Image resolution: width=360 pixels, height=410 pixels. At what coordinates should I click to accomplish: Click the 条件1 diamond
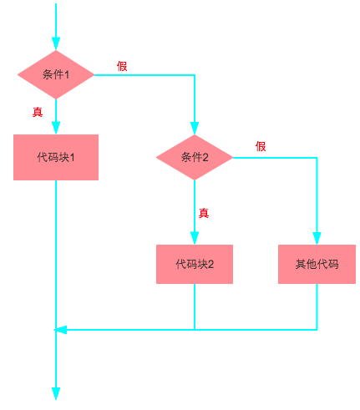(55, 74)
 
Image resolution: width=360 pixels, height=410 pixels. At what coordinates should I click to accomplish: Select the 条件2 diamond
(194, 157)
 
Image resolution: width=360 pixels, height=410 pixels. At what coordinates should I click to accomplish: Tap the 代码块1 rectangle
(55, 157)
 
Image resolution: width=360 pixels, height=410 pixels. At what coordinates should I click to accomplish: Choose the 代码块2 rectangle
(194, 264)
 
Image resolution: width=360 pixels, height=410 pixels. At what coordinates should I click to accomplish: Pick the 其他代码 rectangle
(317, 264)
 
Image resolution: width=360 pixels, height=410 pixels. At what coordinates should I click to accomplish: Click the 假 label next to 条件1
(122, 66)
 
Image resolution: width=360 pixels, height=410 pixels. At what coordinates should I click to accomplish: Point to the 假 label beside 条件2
(261, 146)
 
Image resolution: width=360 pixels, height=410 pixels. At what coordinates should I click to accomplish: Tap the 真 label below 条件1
(38, 112)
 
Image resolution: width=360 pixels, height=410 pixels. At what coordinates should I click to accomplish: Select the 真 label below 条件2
(203, 213)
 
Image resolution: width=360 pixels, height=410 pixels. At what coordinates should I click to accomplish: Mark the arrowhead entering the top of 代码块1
(55, 128)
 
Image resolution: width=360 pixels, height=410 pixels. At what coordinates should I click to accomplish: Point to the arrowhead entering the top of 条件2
(194, 128)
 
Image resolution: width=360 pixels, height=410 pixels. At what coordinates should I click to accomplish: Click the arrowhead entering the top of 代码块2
(194, 237)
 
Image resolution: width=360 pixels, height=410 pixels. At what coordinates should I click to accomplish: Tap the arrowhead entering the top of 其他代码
(317, 237)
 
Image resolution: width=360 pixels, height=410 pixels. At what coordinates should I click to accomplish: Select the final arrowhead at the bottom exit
(55, 394)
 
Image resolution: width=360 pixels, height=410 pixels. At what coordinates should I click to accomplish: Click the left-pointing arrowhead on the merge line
(60, 330)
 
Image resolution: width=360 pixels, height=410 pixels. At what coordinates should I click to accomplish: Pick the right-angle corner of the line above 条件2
(194, 75)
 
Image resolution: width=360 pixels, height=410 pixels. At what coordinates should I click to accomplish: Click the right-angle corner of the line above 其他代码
(317, 157)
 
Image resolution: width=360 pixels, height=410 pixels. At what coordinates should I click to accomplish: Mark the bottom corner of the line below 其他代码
(317, 330)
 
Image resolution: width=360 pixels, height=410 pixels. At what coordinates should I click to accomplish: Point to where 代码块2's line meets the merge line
(194, 330)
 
